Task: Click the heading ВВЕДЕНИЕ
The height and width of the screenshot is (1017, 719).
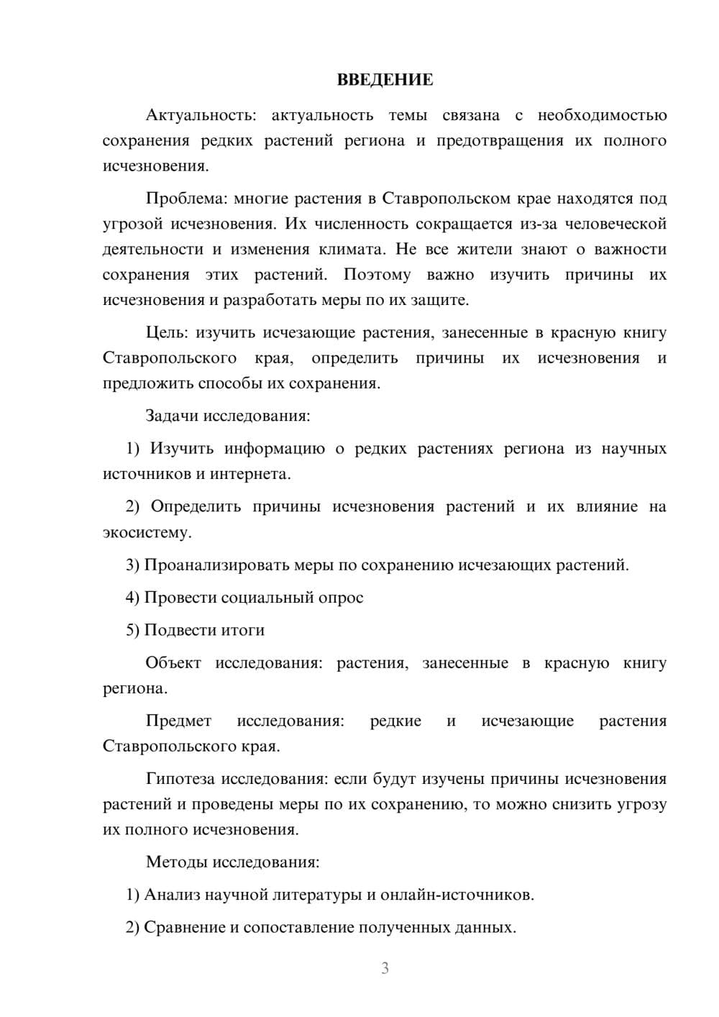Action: [385, 80]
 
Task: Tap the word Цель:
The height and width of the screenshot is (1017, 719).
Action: [167, 333]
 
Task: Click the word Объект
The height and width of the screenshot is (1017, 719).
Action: [173, 663]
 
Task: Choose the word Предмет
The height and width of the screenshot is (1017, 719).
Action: [178, 721]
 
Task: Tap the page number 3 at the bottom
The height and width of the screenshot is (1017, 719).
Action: [385, 968]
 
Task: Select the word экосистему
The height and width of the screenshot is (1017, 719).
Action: [147, 533]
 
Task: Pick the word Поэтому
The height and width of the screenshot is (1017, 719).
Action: [377, 275]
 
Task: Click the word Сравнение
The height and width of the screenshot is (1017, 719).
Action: [185, 928]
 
